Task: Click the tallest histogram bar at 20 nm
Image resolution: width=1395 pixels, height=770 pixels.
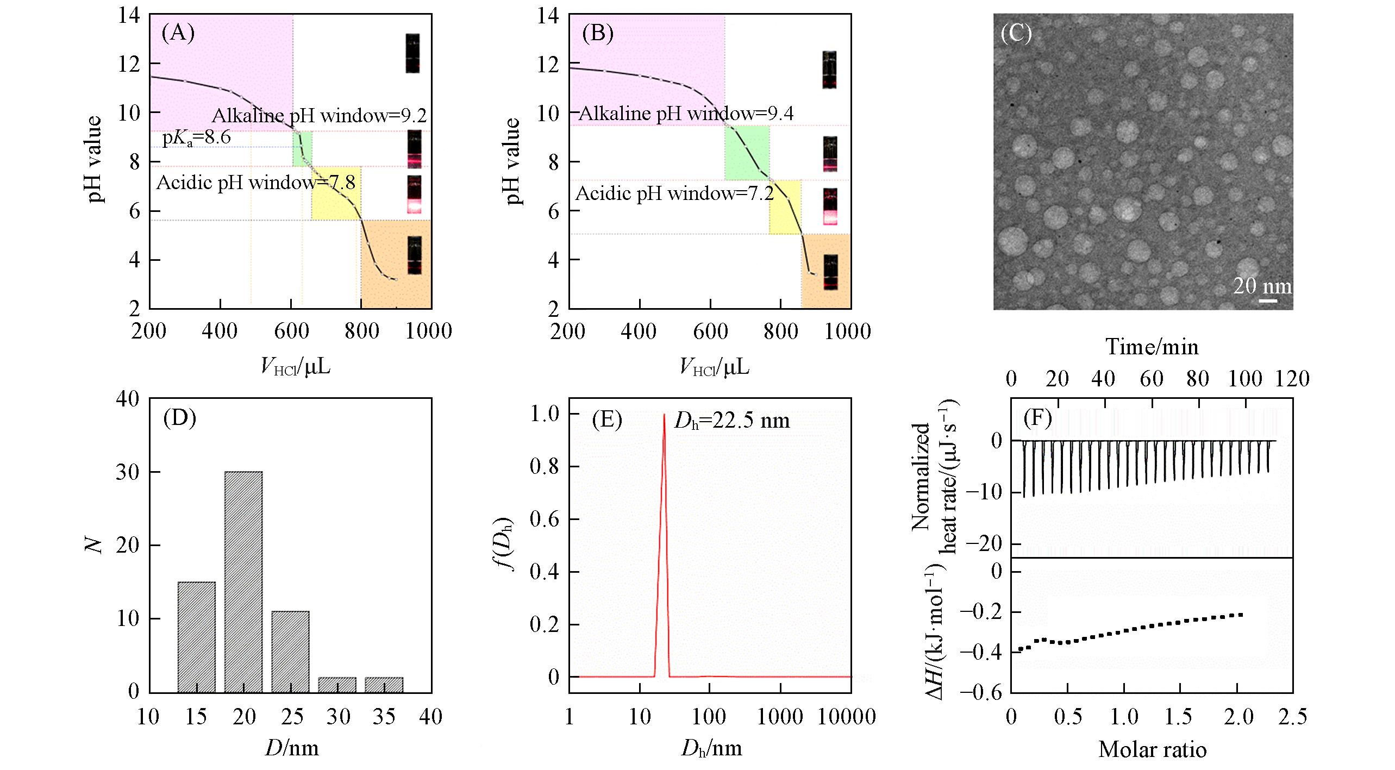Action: click(244, 581)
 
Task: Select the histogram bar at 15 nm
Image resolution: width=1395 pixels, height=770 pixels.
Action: click(196, 637)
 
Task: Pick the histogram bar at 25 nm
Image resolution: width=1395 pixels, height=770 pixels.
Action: click(291, 652)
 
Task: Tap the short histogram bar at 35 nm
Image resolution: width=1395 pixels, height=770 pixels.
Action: click(384, 685)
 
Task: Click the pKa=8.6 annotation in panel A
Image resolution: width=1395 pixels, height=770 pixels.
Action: click(196, 137)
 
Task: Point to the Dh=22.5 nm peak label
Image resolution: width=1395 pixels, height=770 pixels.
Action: click(732, 421)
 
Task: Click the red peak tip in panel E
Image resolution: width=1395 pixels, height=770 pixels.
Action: click(664, 415)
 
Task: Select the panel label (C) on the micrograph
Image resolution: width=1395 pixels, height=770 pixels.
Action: click(1016, 34)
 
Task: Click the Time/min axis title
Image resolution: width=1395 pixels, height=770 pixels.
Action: click(1152, 347)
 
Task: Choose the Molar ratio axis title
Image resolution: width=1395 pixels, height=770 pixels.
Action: click(1152, 750)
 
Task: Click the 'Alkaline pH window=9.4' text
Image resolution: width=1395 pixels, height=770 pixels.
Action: click(686, 114)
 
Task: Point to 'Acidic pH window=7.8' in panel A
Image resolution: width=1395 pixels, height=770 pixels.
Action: click(256, 183)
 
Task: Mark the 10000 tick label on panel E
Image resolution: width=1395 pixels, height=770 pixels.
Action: click(849, 717)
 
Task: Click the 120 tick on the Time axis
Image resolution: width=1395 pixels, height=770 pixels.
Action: click(1292, 379)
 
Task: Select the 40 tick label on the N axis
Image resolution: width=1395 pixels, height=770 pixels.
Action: click(128, 399)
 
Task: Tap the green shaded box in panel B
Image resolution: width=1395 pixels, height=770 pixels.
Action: click(747, 153)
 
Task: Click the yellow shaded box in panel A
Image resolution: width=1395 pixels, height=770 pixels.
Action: click(335, 193)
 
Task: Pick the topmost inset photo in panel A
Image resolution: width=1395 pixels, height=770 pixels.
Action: click(413, 53)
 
